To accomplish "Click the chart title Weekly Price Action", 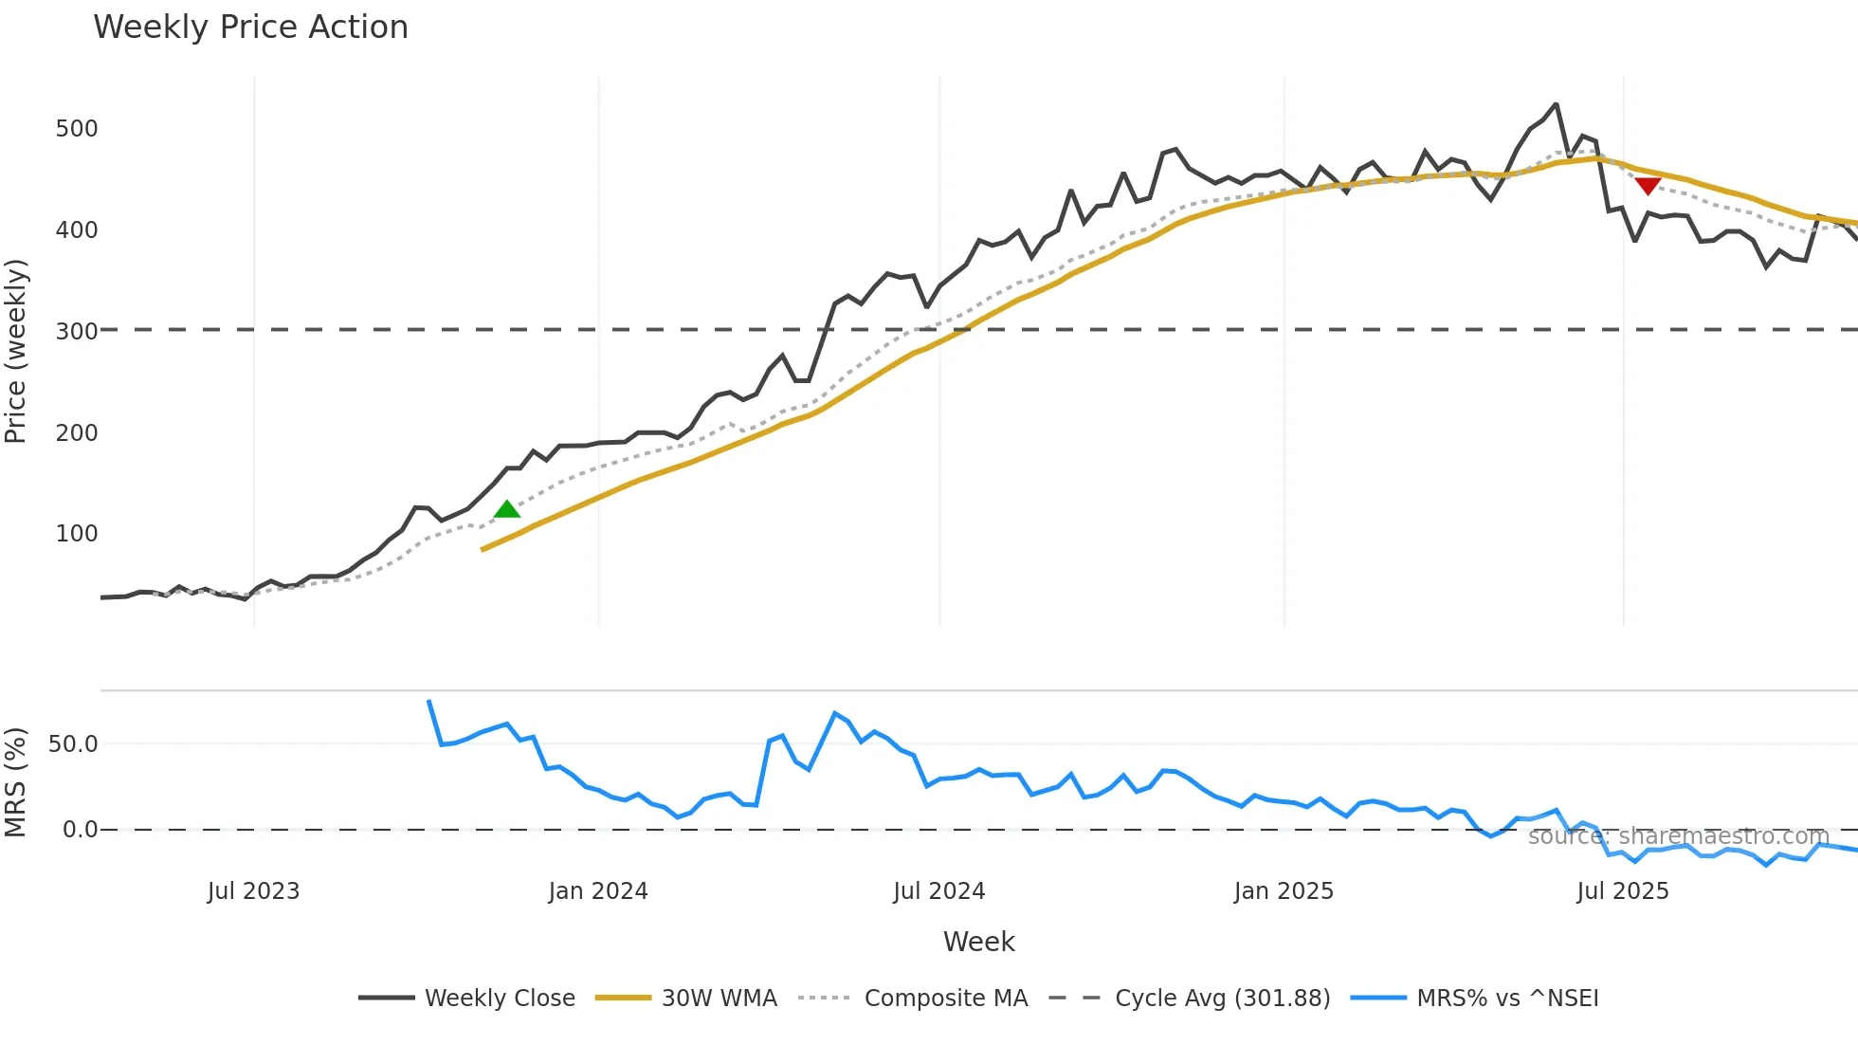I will (x=250, y=27).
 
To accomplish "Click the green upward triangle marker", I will (x=507, y=510).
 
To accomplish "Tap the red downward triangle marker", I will (x=1648, y=185).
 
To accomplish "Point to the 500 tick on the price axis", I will (x=77, y=129).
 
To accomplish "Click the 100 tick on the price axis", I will (x=77, y=534).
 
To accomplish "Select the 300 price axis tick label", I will (x=77, y=332).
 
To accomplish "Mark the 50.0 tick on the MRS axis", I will (x=73, y=744).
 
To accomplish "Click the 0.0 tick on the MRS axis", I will (x=80, y=830).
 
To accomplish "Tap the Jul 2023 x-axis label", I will (x=253, y=891).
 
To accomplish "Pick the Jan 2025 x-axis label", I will (x=1284, y=891).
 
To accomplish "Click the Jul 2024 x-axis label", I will (x=938, y=891).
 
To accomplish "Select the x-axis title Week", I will (x=978, y=942).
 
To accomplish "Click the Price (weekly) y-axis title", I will (x=16, y=351).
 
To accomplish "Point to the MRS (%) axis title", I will (x=16, y=782).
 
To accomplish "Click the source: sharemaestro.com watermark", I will (x=1678, y=836).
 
